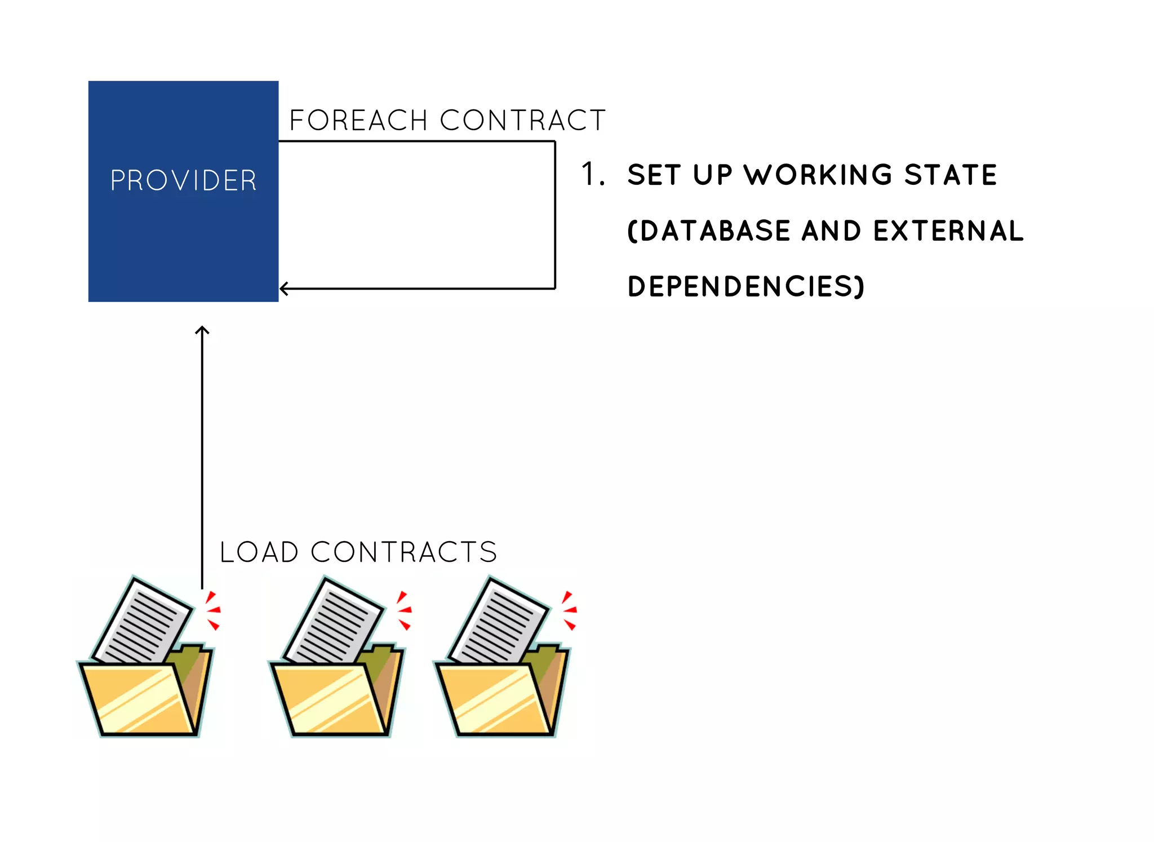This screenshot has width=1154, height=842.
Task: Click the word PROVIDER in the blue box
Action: coord(183,181)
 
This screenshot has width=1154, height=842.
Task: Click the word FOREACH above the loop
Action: coord(358,121)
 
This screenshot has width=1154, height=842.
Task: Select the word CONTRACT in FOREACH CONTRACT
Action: coord(522,121)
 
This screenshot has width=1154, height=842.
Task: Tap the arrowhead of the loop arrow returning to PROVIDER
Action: coord(283,289)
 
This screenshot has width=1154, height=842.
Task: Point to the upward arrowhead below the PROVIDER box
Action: coord(202,330)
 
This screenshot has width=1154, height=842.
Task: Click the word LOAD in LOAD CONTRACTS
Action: coord(259,552)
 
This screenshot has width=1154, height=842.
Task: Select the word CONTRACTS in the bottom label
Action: coord(403,552)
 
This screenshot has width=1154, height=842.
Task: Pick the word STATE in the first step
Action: coord(951,175)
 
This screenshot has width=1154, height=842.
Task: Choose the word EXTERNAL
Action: coord(948,231)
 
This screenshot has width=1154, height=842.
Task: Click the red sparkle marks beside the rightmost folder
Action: coord(569,610)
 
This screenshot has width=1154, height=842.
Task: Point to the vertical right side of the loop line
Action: coord(555,214)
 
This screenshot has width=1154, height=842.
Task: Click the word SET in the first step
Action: coord(651,175)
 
